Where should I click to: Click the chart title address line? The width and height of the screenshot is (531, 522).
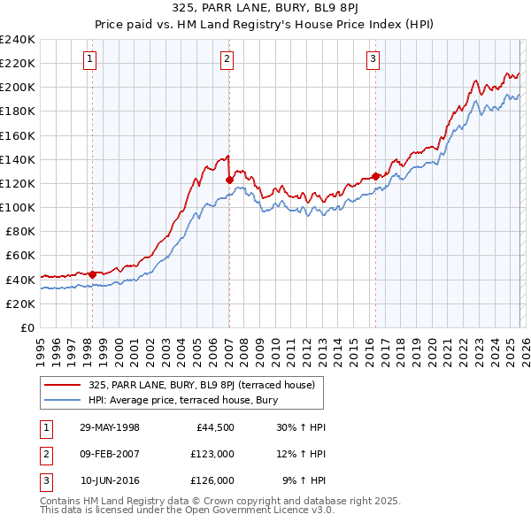(265, 10)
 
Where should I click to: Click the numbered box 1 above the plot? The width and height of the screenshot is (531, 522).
(91, 59)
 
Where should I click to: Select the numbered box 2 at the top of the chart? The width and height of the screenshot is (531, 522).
(227, 59)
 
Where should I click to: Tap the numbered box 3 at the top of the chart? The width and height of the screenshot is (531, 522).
(373, 59)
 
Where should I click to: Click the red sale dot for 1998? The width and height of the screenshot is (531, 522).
(92, 274)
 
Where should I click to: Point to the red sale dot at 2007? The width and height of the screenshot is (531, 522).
(229, 180)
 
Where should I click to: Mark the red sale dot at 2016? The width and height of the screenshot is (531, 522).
(375, 176)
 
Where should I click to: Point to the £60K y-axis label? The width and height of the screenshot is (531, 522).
(20, 256)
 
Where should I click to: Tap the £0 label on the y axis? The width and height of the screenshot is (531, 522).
(27, 327)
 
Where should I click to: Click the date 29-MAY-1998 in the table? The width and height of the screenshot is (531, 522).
(110, 427)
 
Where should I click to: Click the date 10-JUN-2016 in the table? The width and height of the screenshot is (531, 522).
(110, 480)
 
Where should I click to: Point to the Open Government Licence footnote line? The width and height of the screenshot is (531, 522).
(187, 510)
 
